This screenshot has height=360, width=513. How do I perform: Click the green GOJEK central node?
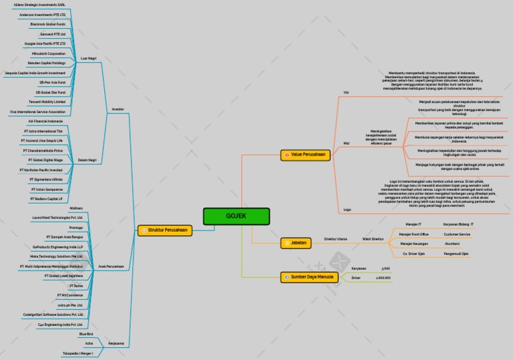pyautogui.click(x=236, y=216)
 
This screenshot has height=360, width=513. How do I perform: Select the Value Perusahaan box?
pyautogui.click(x=307, y=155)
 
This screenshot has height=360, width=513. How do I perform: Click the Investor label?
pyautogui.click(x=117, y=109)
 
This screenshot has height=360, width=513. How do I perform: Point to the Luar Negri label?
pyautogui.click(x=88, y=58)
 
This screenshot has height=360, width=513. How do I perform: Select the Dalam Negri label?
pyautogui.click(x=88, y=160)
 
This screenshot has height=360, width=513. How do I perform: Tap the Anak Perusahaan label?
pyautogui.click(x=111, y=266)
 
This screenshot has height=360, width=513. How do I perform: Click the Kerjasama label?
pyautogui.click(x=116, y=343)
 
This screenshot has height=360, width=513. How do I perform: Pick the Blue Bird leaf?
pyautogui.click(x=86, y=333)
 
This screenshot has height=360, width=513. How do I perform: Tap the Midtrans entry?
pyautogui.click(x=76, y=208)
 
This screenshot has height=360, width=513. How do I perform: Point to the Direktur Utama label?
pyautogui.click(x=335, y=238)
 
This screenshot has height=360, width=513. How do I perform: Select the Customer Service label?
pyautogui.click(x=457, y=234)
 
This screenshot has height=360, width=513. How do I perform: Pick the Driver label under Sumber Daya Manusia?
pyautogui.click(x=356, y=277)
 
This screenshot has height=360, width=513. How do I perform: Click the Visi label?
pyautogui.click(x=346, y=92)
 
